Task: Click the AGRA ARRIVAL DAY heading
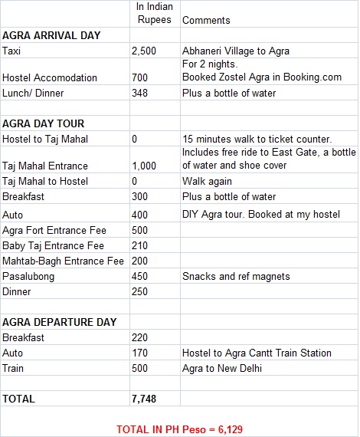(52, 35)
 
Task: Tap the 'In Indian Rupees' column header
(154, 14)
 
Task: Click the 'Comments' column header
(207, 20)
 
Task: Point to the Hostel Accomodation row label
(50, 77)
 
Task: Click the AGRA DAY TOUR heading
(44, 123)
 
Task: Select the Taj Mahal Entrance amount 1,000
(145, 166)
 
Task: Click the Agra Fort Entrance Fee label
(54, 230)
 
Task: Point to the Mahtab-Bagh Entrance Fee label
(64, 261)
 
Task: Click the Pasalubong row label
(30, 276)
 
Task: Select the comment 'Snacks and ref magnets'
(235, 276)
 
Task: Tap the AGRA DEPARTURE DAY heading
(59, 321)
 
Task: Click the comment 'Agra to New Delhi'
(223, 367)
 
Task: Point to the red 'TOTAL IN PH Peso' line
(179, 429)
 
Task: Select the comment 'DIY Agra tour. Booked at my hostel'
(260, 214)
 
